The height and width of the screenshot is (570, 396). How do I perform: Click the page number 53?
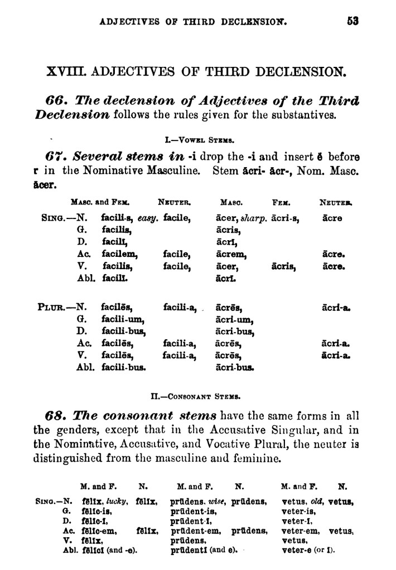pos(352,22)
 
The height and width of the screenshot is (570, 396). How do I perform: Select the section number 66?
pos(55,101)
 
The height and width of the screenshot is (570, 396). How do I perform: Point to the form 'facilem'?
pos(119,254)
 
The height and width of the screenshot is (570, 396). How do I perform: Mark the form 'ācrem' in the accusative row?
pos(230,254)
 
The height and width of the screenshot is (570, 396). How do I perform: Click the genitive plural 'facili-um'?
pos(123,319)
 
